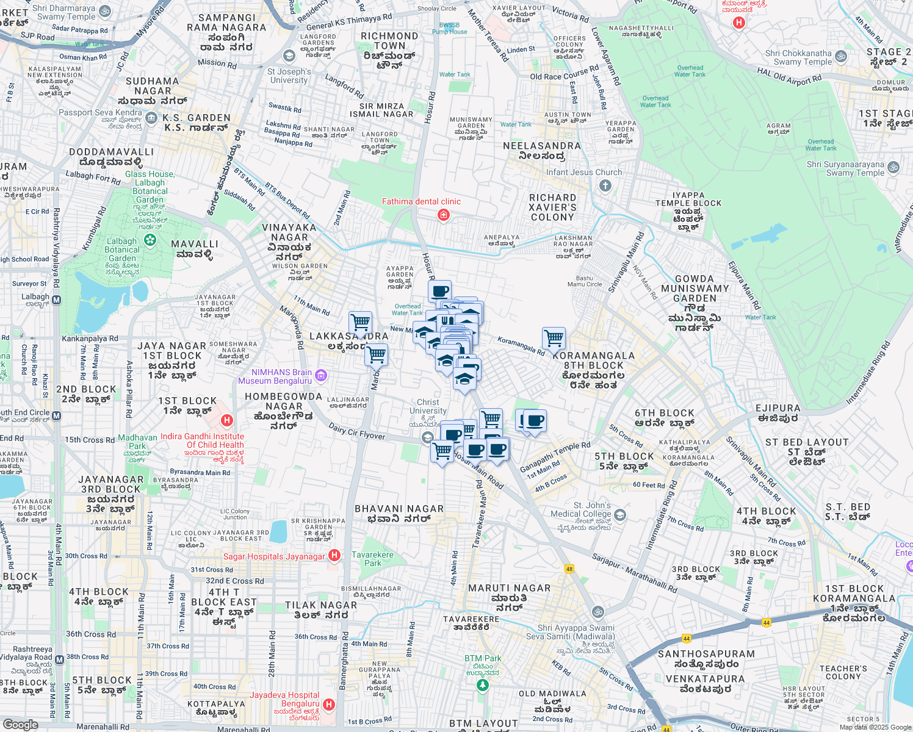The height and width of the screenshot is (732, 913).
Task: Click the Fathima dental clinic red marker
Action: click(x=444, y=215)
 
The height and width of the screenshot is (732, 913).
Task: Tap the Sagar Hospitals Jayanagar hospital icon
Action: click(x=334, y=555)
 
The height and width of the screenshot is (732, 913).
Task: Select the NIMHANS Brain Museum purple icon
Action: click(x=322, y=375)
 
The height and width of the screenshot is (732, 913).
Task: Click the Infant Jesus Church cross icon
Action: click(x=605, y=185)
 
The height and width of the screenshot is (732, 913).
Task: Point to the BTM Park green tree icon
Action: click(x=482, y=686)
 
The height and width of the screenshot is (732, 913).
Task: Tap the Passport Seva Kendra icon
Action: click(x=151, y=118)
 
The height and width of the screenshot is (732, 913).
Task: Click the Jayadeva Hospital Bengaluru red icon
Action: click(x=329, y=705)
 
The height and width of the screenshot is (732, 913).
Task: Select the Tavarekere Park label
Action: click(x=372, y=559)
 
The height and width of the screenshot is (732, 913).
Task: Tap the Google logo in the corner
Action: click(x=20, y=724)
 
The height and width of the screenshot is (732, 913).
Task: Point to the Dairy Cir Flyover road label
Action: click(x=357, y=431)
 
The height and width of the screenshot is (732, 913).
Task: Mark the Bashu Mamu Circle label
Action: click(x=585, y=281)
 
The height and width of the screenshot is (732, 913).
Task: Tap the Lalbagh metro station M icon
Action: click(x=57, y=300)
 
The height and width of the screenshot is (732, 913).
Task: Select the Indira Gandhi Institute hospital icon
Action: click(x=227, y=420)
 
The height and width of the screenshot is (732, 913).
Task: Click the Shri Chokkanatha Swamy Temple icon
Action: click(x=841, y=57)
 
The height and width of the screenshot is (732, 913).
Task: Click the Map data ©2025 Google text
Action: click(x=875, y=727)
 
